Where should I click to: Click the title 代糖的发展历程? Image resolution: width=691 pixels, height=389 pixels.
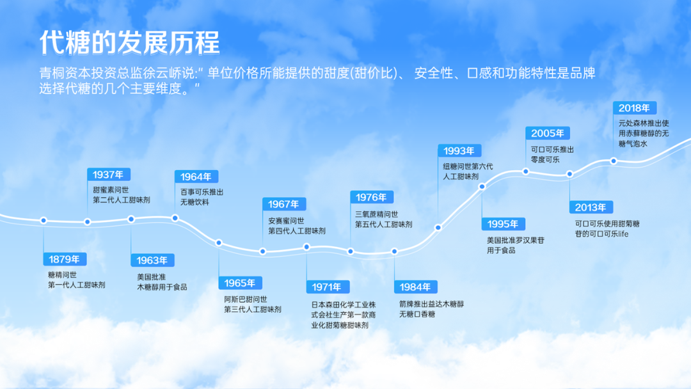coord(130,43)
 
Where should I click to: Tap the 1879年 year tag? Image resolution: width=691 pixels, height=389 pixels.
coord(65,259)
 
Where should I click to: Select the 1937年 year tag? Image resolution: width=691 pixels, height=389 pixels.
coord(108,175)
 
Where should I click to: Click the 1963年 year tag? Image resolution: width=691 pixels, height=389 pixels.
coord(152,260)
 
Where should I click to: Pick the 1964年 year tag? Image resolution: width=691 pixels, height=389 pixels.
coord(196,177)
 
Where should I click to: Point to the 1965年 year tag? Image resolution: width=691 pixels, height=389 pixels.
coord(240,283)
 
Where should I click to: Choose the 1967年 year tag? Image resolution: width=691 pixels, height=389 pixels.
coord(283,204)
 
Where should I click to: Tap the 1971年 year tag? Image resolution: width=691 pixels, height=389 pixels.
coord(328,287)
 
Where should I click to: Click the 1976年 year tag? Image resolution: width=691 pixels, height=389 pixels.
coord(371,198)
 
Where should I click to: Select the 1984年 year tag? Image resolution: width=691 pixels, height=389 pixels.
coord(415,287)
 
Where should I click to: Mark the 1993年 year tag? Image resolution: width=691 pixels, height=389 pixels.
coord(459,151)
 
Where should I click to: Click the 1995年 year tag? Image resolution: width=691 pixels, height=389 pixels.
coord(503,224)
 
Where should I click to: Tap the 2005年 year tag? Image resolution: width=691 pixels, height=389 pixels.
coord(547,133)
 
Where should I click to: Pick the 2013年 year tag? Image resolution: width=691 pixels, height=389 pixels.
coord(591,207)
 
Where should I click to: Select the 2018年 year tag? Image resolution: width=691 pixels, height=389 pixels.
coord(634,108)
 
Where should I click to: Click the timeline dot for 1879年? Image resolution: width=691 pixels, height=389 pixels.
coord(44,220)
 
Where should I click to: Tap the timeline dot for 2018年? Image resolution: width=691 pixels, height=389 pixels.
coord(614,161)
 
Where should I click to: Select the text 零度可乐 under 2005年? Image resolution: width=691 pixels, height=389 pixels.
coord(545,161)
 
